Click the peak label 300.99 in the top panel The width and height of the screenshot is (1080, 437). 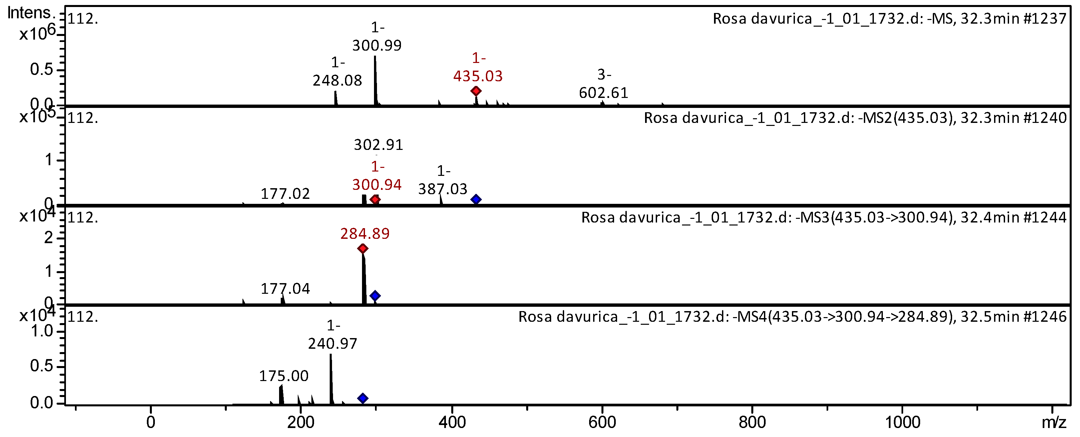pos(377,45)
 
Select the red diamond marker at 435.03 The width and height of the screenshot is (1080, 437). pos(476,91)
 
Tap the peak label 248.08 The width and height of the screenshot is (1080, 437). pos(337,80)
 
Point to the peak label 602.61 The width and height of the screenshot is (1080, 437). pos(603,92)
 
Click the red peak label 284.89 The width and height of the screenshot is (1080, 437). pos(365,233)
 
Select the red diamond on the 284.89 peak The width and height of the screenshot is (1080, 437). pos(363,249)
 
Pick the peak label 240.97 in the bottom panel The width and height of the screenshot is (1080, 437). pos(332,343)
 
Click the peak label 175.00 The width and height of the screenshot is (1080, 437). pos(283,376)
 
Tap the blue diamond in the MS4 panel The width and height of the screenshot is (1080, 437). pos(363,398)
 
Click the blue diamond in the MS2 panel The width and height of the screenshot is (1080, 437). pos(476,199)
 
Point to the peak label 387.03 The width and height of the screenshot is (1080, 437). pos(442,189)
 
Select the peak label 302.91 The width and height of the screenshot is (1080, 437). pos(378,145)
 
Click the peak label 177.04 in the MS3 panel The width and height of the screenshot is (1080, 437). pos(285,288)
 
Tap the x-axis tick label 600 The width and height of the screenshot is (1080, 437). pos(602,422)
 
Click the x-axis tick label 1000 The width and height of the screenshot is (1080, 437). pos(902,422)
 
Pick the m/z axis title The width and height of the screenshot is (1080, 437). pos(1054,422)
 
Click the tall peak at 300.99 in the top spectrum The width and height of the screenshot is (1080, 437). pos(375,80)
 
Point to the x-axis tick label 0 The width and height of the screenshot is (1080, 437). pos(151,422)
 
